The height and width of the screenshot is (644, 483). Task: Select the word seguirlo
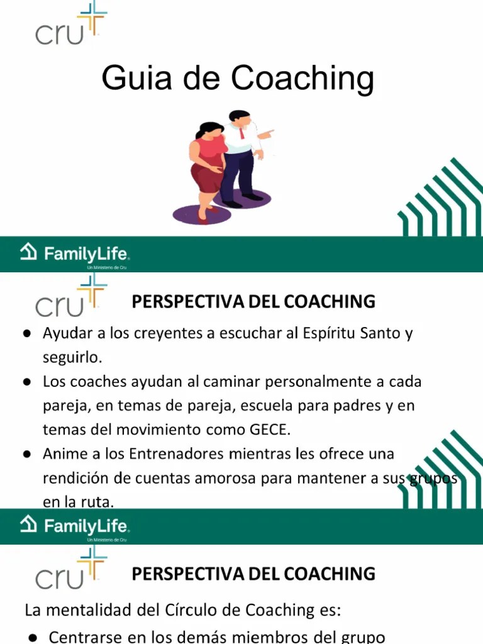[71, 357]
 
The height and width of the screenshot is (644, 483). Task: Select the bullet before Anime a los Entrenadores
[28, 454]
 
